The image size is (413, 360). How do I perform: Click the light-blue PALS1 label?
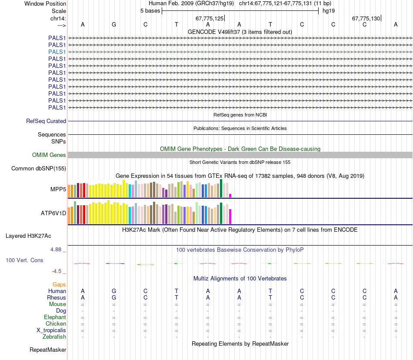(57, 52)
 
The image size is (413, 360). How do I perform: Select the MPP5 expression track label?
(58, 190)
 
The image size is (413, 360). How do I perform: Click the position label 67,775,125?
(210, 18)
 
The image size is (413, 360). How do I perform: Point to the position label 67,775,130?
(366, 18)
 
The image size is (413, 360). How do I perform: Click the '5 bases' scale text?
(150, 10)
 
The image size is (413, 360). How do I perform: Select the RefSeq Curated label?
(46, 121)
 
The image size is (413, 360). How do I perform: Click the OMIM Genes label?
(49, 155)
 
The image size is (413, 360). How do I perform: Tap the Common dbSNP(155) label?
(39, 168)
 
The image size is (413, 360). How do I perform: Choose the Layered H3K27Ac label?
(28, 236)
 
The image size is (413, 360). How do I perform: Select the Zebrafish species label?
(54, 337)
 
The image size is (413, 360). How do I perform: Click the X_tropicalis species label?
(51, 330)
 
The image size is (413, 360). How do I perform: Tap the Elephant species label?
(55, 317)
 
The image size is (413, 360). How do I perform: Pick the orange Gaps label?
(59, 284)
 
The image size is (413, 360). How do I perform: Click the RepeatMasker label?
(48, 350)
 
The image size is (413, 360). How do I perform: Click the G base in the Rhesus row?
(114, 298)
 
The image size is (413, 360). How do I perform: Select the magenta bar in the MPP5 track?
(230, 195)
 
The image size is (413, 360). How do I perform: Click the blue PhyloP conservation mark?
(115, 263)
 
